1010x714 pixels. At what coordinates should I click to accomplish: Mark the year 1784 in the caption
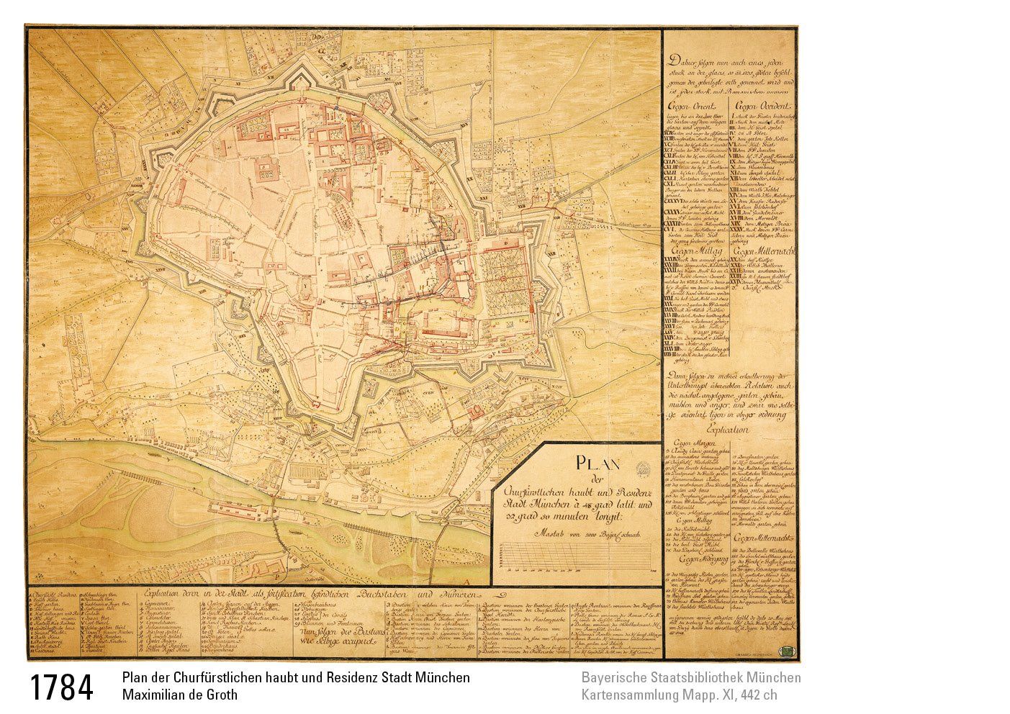coord(61,688)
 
